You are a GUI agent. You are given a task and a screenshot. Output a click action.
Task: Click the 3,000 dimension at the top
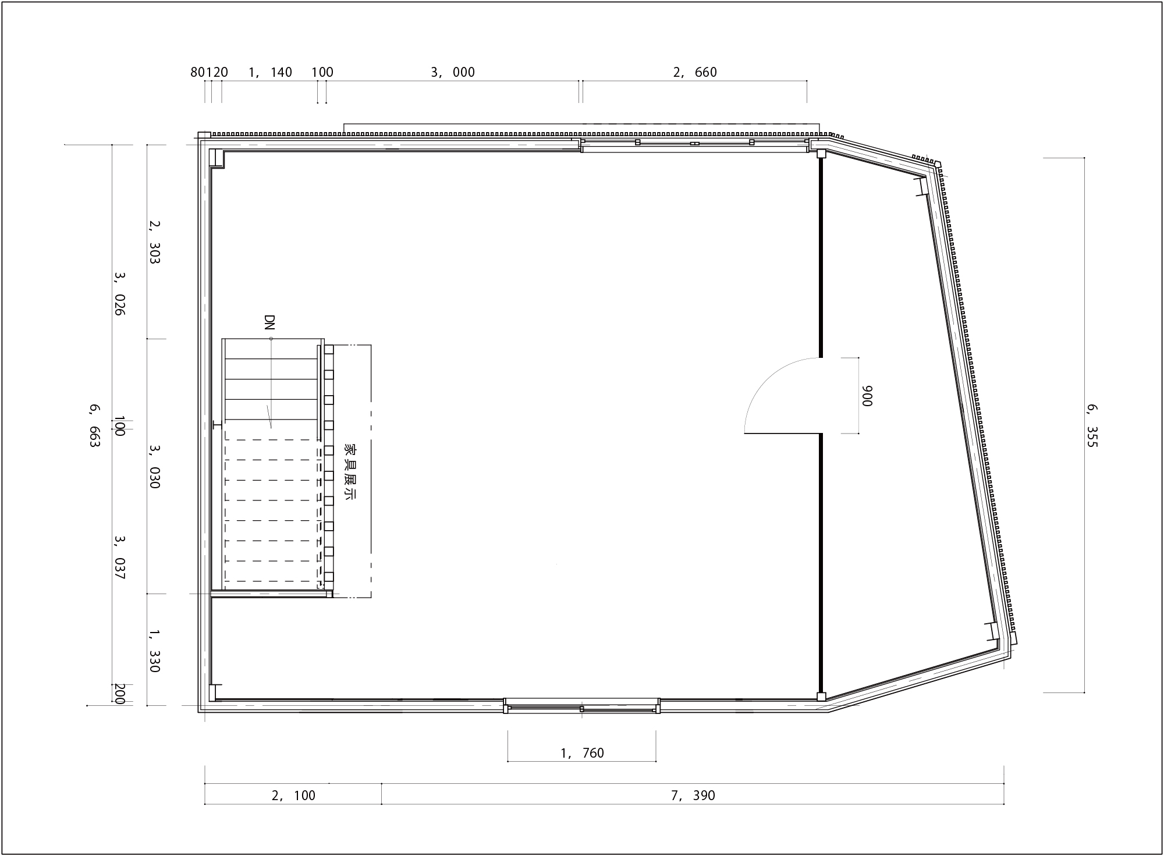tap(453, 72)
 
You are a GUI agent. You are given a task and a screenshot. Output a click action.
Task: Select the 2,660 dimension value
tap(695, 72)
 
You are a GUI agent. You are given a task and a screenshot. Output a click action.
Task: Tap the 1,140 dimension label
tap(270, 72)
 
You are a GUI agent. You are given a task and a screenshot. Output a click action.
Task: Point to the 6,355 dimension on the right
tap(1091, 426)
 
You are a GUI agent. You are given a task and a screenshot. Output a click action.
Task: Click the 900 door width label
tap(867, 396)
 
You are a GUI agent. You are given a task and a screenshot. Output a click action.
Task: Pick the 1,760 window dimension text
tap(582, 753)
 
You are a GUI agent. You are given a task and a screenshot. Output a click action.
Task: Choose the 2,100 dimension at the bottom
tap(293, 795)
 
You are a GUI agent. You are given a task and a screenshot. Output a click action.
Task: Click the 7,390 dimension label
tap(693, 795)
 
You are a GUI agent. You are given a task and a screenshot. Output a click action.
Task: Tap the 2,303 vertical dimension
tap(154, 241)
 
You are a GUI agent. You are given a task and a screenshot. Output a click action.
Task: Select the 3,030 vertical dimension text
tap(154, 467)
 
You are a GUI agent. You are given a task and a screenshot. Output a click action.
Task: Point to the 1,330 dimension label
tap(154, 651)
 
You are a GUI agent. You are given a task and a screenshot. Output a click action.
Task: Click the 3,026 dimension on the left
tap(119, 293)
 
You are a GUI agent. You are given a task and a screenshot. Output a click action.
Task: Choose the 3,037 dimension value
tap(119, 557)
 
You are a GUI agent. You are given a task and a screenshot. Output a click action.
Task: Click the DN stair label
tap(269, 323)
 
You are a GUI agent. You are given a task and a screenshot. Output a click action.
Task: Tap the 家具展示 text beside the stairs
tap(350, 472)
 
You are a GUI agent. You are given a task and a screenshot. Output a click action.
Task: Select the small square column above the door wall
tap(821, 154)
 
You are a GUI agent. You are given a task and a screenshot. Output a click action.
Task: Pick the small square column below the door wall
tap(821, 696)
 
